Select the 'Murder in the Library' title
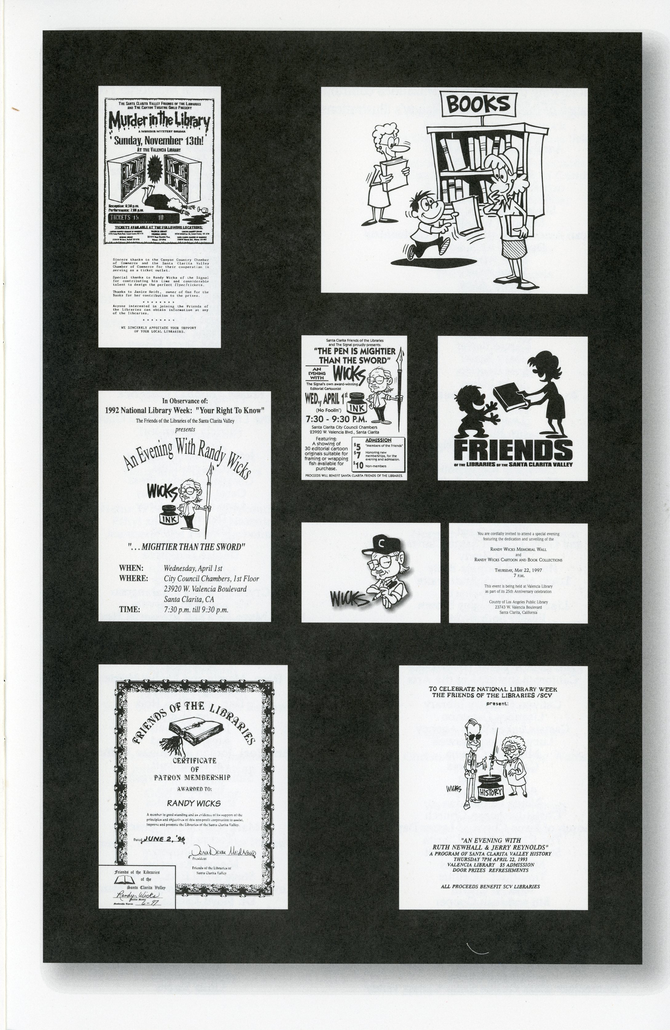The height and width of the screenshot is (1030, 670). coord(159,122)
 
